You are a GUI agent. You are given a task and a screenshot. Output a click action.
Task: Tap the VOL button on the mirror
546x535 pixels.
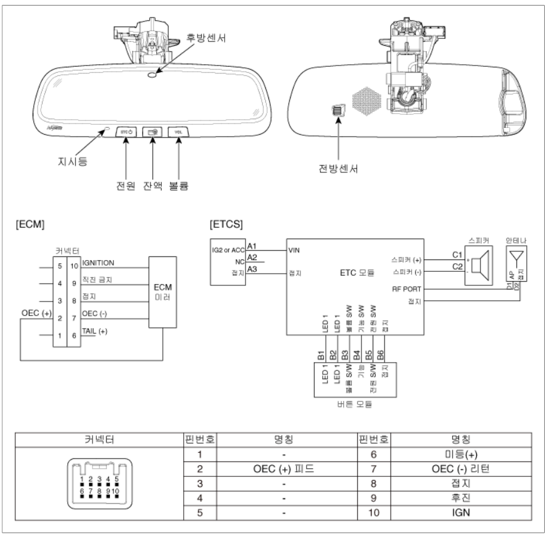pyautogui.click(x=178, y=132)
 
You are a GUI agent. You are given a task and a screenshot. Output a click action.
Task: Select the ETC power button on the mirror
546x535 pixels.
pyautogui.click(x=126, y=132)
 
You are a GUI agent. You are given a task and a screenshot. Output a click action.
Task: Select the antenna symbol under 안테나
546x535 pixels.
pyautogui.click(x=516, y=256)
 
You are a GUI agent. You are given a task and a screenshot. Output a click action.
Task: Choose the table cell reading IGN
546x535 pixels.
pyautogui.click(x=461, y=513)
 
